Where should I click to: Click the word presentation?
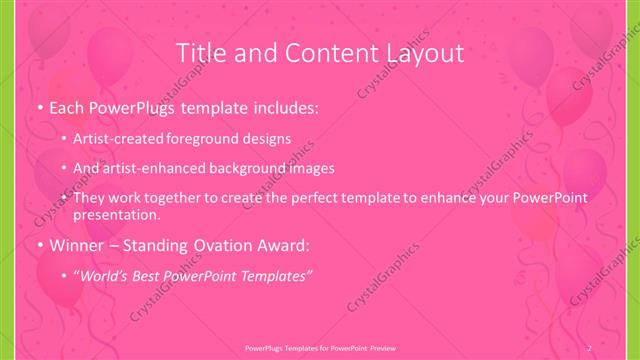pyautogui.click(x=116, y=214)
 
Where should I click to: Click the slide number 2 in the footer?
pyautogui.click(x=589, y=347)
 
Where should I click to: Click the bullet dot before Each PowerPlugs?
pyautogui.click(x=38, y=106)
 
